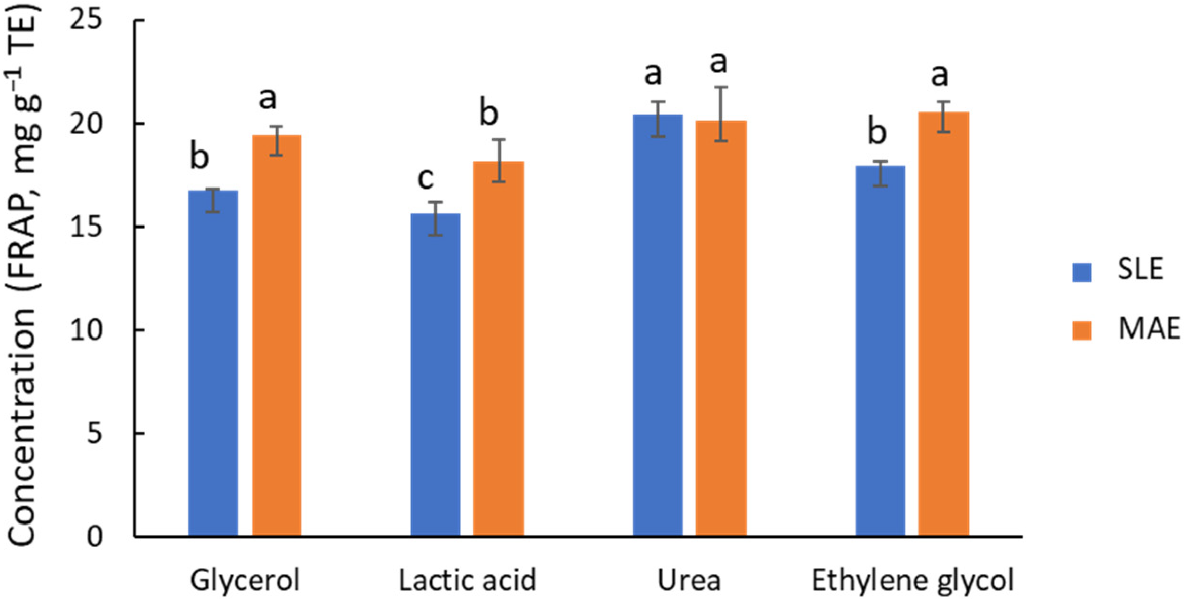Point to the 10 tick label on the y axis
(86, 330)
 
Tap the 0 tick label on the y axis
(94, 537)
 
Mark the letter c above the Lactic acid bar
(426, 178)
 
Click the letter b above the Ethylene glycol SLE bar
(877, 131)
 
